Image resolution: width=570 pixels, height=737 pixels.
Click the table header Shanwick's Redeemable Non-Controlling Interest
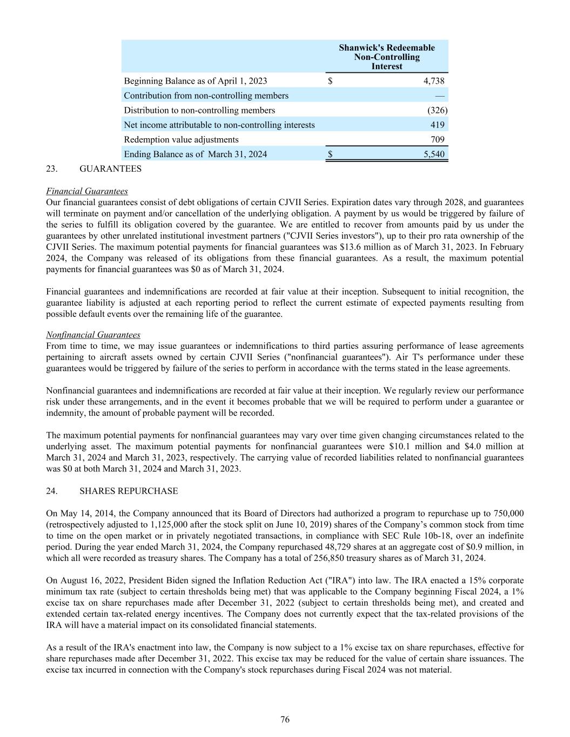coord(386,57)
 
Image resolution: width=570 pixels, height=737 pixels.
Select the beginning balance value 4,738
coord(434,81)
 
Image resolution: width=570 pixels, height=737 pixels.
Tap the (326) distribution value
coord(437,110)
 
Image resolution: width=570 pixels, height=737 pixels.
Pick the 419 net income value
coord(438,125)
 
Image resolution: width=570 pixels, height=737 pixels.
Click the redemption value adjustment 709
coord(438,139)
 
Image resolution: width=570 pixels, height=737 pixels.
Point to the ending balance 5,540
coord(434,154)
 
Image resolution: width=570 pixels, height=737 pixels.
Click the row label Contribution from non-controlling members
coord(206,96)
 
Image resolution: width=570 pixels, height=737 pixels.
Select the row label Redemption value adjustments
coord(181,139)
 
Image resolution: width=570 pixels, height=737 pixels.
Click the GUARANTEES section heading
coord(110,169)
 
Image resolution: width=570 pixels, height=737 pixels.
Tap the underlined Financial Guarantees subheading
coord(87,191)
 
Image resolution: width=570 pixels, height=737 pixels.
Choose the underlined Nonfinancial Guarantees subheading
coord(93,335)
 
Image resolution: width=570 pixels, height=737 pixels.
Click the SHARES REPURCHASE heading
coord(128,491)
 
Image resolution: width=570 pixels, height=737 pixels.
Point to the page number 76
coord(285,719)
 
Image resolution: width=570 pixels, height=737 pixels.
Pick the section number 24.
coord(52,491)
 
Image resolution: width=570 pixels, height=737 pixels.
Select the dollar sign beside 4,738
coord(330,81)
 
